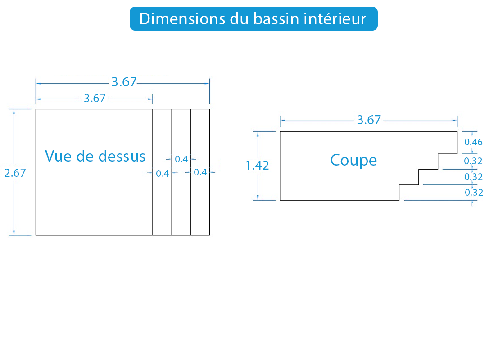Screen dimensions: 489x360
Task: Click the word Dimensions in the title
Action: click(x=182, y=19)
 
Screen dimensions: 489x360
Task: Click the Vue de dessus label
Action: click(x=95, y=156)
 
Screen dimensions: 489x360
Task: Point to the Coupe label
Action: click(x=353, y=161)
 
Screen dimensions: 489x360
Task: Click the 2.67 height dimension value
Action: click(x=15, y=173)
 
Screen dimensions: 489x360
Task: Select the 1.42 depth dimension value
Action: click(x=257, y=165)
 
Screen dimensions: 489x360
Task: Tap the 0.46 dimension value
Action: click(x=473, y=142)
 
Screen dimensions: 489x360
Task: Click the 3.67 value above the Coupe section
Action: click(x=369, y=120)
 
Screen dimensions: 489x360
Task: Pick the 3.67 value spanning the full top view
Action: click(x=124, y=82)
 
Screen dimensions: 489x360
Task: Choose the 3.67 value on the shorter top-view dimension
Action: click(x=95, y=99)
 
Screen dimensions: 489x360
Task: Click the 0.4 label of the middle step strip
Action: click(x=181, y=159)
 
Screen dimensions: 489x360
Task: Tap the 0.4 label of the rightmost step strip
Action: click(x=200, y=172)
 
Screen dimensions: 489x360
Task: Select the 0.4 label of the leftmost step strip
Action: click(x=163, y=174)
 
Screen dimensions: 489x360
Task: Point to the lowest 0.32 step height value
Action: click(x=474, y=192)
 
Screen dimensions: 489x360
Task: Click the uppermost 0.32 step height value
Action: click(x=473, y=161)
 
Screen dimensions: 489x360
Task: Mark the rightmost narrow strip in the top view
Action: click(x=200, y=172)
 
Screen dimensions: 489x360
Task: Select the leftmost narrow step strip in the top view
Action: click(x=162, y=172)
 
